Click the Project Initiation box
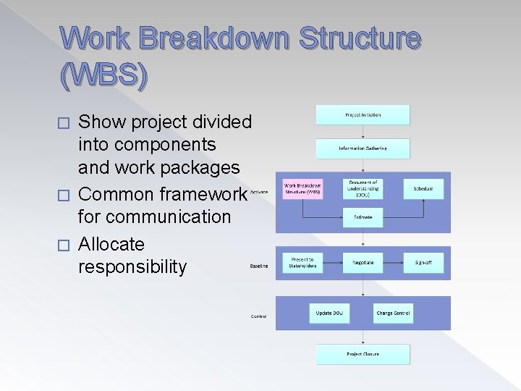click(x=363, y=114)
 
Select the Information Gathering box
click(x=363, y=148)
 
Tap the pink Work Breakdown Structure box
click(x=302, y=189)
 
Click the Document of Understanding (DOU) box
click(x=363, y=189)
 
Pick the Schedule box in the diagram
click(x=423, y=189)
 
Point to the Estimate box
click(x=363, y=216)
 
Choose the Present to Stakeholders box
click(x=302, y=262)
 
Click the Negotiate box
click(x=363, y=262)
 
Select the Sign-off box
click(x=423, y=262)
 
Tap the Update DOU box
click(x=329, y=313)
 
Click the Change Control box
click(x=393, y=313)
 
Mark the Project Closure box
click(x=363, y=354)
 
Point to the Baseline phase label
click(x=259, y=266)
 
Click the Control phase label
click(x=258, y=316)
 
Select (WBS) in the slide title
click(x=105, y=75)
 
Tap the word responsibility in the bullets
click(x=132, y=266)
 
